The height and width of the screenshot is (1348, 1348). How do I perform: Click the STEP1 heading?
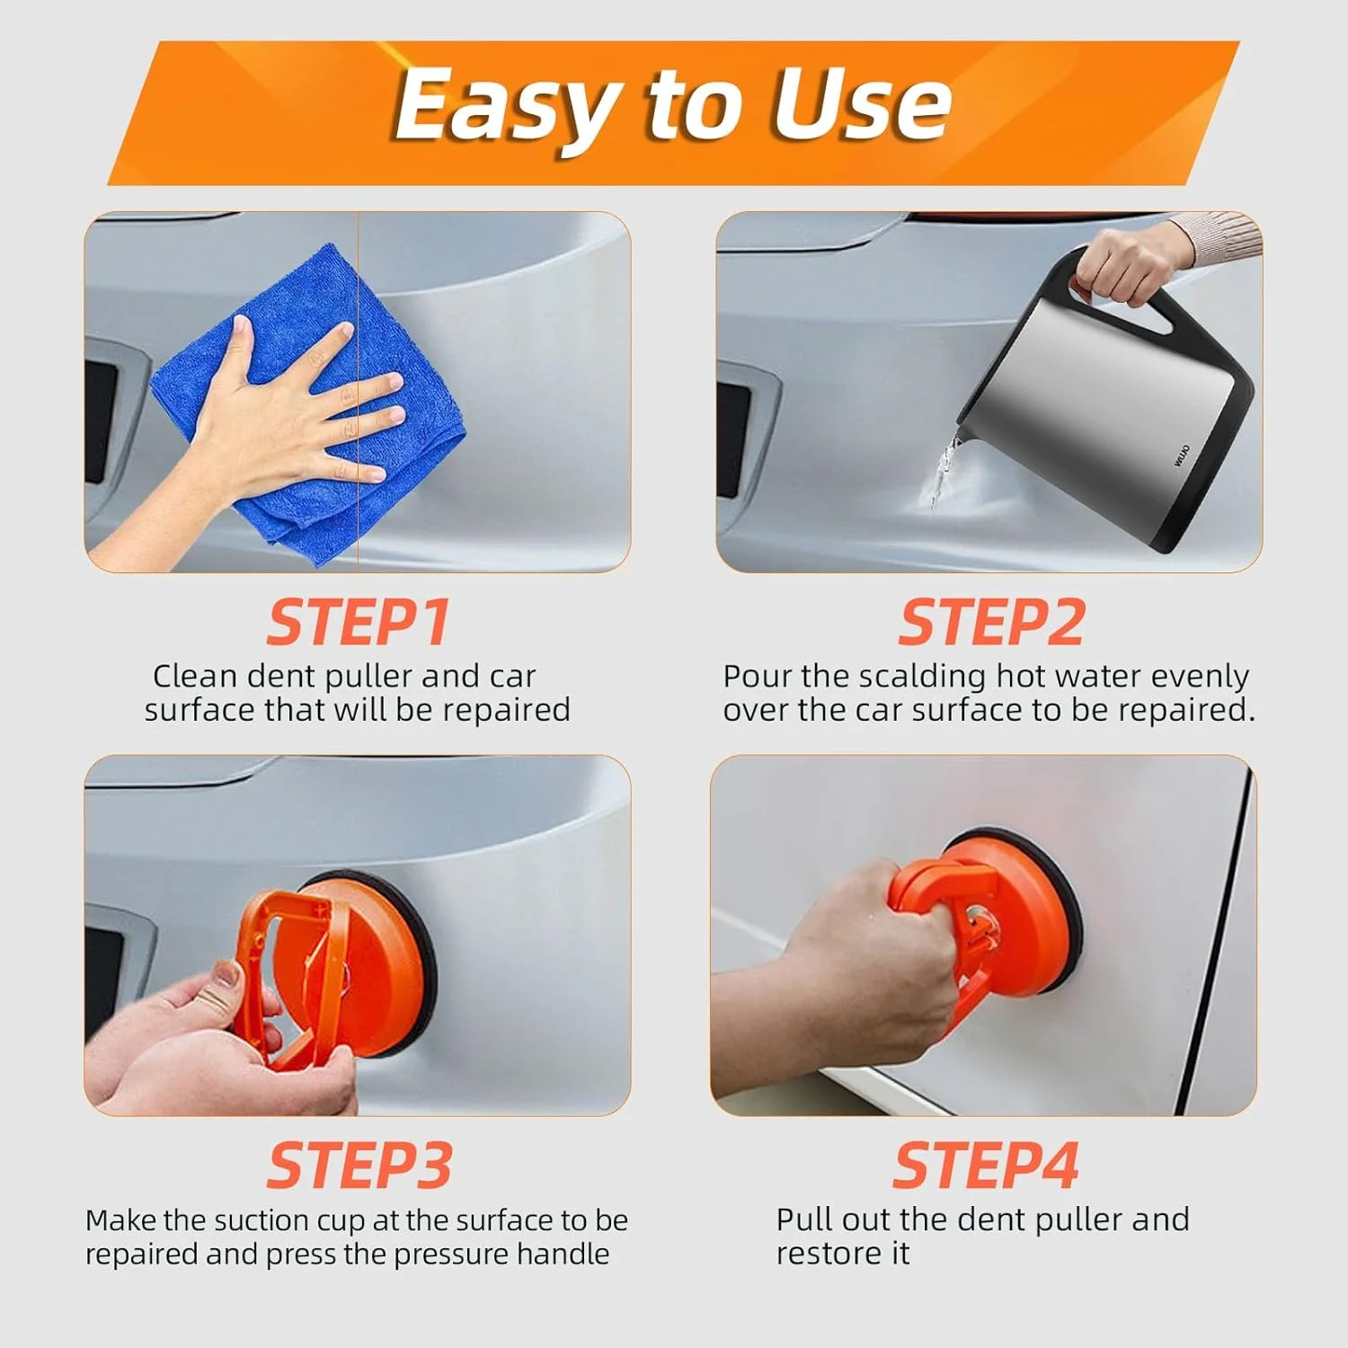tap(358, 623)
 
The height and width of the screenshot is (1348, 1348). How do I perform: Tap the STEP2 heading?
tap(991, 623)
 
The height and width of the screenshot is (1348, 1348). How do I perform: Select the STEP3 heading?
tap(359, 1166)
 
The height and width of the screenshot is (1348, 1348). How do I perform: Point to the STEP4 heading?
tap(986, 1166)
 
